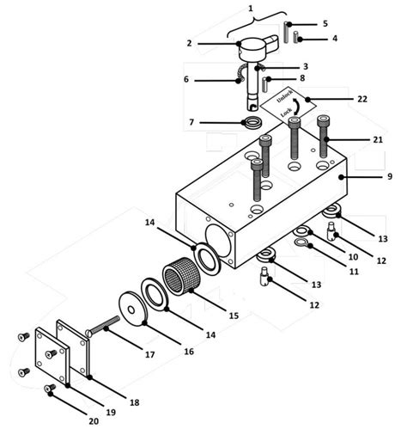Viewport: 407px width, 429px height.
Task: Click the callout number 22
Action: [362, 99]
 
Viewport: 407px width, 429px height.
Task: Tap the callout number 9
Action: [390, 176]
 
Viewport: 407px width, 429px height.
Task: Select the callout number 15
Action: [234, 316]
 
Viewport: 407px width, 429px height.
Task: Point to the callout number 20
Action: [94, 421]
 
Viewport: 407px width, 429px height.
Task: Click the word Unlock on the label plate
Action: [284, 96]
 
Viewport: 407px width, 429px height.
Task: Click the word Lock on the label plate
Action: [286, 112]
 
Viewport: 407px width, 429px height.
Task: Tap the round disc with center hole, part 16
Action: [133, 309]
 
